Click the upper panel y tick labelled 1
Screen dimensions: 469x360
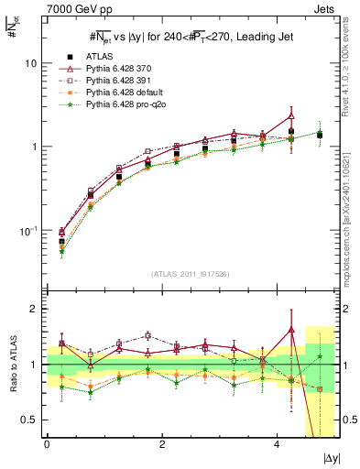click(34, 147)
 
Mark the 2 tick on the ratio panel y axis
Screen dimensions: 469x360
click(34, 309)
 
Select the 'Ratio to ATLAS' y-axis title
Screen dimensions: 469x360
click(12, 365)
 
